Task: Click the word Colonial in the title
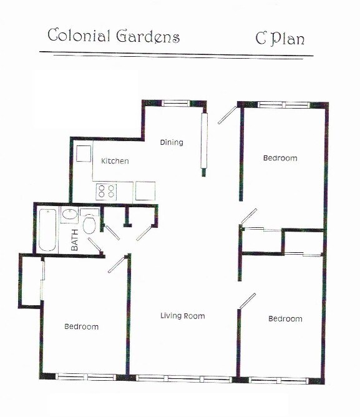click(79, 36)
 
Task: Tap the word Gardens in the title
click(148, 37)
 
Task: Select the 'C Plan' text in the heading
click(280, 39)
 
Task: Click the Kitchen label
click(115, 161)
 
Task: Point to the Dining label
click(172, 142)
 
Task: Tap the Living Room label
click(182, 316)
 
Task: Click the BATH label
click(75, 240)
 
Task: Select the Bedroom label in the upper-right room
click(280, 159)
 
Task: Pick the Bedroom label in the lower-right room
click(285, 319)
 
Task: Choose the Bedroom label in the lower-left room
click(82, 326)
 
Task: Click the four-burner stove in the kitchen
click(106, 190)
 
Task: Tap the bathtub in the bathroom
click(48, 229)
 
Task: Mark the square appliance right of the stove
click(145, 190)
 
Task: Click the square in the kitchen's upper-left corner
click(84, 154)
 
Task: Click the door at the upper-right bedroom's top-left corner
click(227, 115)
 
